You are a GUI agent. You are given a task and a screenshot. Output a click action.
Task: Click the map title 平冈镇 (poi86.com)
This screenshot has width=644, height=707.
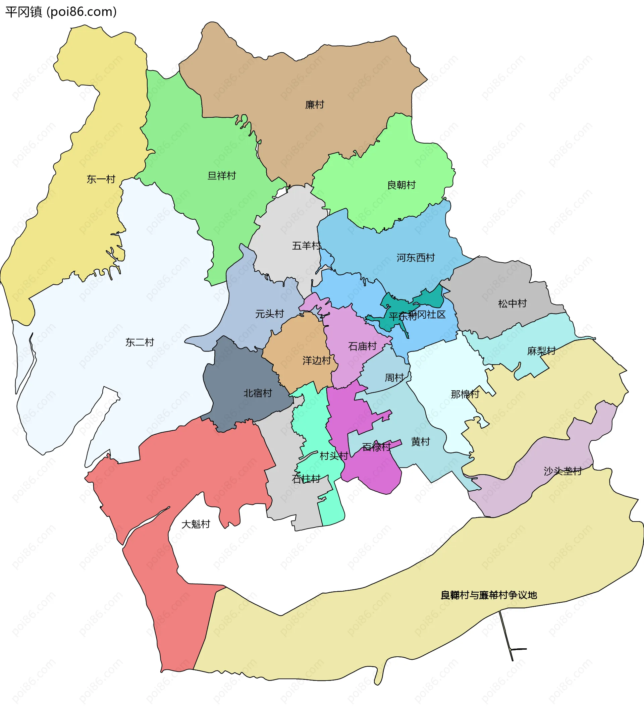pyautogui.click(x=61, y=12)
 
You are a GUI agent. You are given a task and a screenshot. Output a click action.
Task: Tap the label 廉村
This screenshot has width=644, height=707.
pyautogui.click(x=314, y=105)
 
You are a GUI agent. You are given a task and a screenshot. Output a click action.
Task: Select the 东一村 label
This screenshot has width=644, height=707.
pyautogui.click(x=101, y=179)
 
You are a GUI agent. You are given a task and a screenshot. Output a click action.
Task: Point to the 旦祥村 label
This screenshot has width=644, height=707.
pyautogui.click(x=222, y=175)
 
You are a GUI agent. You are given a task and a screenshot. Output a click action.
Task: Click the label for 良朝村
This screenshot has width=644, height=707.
pyautogui.click(x=401, y=184)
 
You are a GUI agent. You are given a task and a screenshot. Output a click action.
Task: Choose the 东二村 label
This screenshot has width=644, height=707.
pyautogui.click(x=140, y=342)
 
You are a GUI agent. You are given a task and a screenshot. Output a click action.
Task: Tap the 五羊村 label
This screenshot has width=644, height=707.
pyautogui.click(x=306, y=246)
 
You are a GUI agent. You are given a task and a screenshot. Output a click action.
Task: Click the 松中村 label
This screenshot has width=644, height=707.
pyautogui.click(x=512, y=303)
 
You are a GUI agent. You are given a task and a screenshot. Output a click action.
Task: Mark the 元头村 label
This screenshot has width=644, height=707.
pyautogui.click(x=269, y=314)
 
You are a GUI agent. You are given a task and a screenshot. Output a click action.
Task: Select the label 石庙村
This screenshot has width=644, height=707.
pyautogui.click(x=362, y=346)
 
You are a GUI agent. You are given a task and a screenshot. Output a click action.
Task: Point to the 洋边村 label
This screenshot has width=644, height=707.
pyautogui.click(x=317, y=360)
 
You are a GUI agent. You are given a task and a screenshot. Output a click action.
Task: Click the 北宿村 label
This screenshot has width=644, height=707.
pyautogui.click(x=258, y=393)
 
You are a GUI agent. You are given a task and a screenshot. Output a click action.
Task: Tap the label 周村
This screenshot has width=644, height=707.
pyautogui.click(x=394, y=377)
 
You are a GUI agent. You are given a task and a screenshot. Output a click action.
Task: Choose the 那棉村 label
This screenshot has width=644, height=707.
pyautogui.click(x=465, y=394)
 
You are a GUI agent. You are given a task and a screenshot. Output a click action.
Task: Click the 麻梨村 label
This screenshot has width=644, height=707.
pyautogui.click(x=541, y=351)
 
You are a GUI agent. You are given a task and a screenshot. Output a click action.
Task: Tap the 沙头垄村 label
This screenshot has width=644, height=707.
pyautogui.click(x=562, y=471)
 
